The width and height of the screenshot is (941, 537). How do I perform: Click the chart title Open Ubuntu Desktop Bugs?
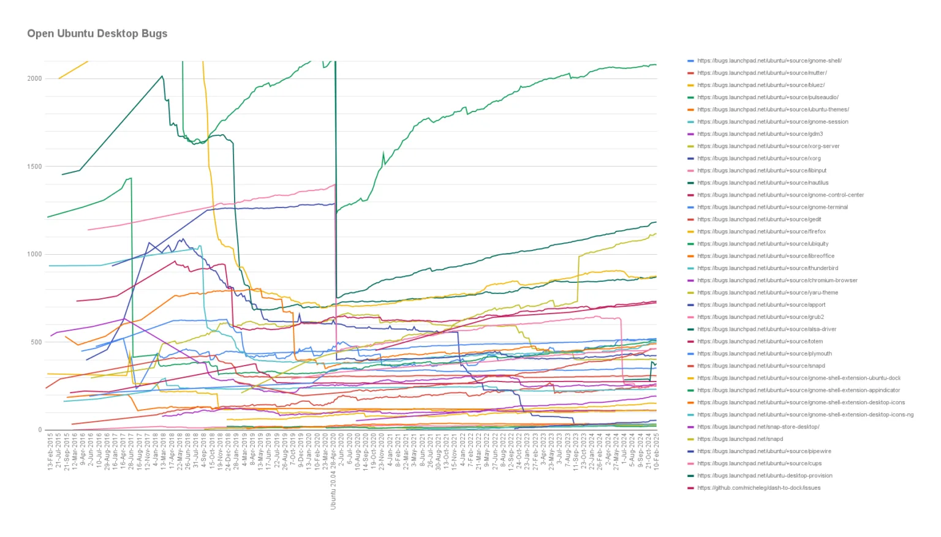pos(97,34)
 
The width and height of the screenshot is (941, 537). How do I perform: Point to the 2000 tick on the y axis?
pos(34,78)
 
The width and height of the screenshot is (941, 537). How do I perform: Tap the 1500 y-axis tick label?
pos(34,167)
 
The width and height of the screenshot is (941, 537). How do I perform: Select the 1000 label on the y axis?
pos(34,254)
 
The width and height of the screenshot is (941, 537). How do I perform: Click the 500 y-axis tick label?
pos(36,342)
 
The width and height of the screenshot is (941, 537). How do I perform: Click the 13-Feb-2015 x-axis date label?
pos(50,451)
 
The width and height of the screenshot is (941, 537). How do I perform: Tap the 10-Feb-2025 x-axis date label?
pos(656,451)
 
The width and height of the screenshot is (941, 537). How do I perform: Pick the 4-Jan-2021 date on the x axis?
pos(390,451)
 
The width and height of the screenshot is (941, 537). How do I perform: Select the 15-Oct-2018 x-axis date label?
pos(212,451)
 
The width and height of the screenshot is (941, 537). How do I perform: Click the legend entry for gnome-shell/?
pos(769,61)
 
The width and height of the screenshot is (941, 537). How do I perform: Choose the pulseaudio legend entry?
pos(768,97)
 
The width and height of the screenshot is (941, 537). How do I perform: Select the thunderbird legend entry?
pos(768,268)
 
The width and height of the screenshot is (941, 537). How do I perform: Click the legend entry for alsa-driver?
pos(766,329)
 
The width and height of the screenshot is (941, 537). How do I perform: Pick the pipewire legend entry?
pos(764,451)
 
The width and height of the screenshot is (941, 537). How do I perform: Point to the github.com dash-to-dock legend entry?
pos(758,488)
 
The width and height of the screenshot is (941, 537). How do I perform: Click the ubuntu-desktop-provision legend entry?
pos(765,476)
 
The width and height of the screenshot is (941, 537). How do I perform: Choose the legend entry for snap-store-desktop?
pos(758,427)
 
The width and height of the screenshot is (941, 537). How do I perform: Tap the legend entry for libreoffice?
pos(766,256)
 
